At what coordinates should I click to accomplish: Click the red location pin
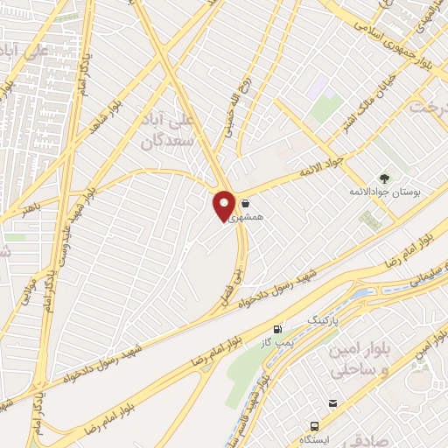(x=224, y=205)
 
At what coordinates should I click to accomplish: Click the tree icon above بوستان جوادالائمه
(x=384, y=178)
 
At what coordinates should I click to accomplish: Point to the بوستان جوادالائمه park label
(x=386, y=191)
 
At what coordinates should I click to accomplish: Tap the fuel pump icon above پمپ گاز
(x=278, y=329)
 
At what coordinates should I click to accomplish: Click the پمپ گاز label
(x=276, y=342)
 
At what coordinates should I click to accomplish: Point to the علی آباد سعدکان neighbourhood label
(x=159, y=128)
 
